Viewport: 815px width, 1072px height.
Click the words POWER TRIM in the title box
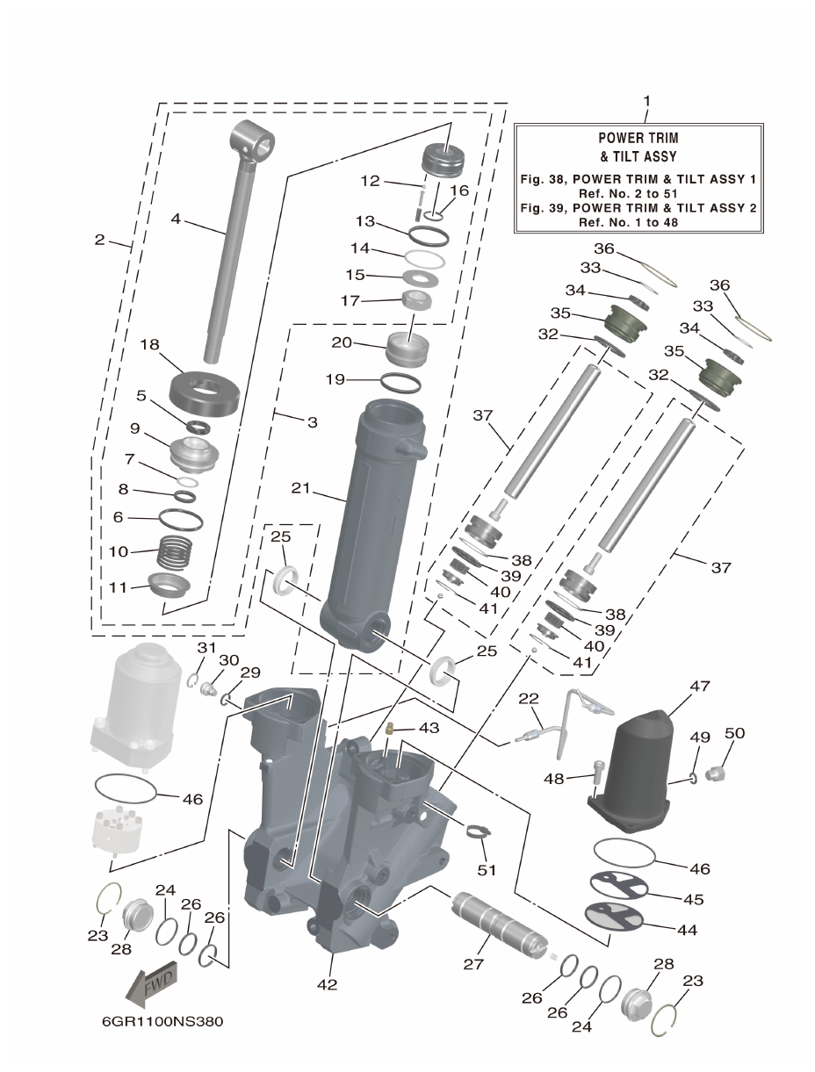(x=638, y=138)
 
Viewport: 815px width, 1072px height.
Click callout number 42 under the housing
(x=326, y=984)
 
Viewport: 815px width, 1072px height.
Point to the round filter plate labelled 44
(x=615, y=915)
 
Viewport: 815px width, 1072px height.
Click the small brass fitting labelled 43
(x=387, y=730)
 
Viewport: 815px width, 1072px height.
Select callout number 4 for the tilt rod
(x=177, y=219)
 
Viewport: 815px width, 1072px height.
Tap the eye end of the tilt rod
(x=253, y=141)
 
